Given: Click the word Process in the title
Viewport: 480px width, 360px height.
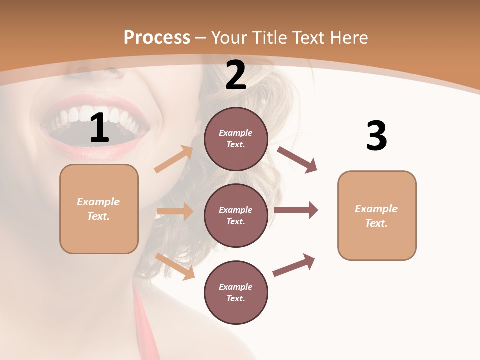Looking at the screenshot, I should pos(157,37).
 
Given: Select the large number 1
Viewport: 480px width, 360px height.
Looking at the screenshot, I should pos(99,128).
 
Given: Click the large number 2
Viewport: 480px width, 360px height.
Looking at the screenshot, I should pos(236,75).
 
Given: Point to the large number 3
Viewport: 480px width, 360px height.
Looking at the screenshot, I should pos(376,136).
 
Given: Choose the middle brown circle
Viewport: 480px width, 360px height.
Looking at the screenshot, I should pos(236,215).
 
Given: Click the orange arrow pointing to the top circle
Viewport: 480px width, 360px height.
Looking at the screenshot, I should pos(174,159).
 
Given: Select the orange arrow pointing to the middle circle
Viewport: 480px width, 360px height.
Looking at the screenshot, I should pos(175,211).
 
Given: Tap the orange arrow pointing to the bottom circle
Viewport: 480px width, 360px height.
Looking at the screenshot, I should pos(175,266).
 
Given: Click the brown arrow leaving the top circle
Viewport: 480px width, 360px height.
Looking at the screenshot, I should pos(297,160).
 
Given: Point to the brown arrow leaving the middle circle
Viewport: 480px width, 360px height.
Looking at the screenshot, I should pos(296,210).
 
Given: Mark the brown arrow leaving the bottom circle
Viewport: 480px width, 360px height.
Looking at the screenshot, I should pos(294,265).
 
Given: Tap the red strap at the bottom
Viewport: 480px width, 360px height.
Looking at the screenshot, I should pos(143,325).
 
